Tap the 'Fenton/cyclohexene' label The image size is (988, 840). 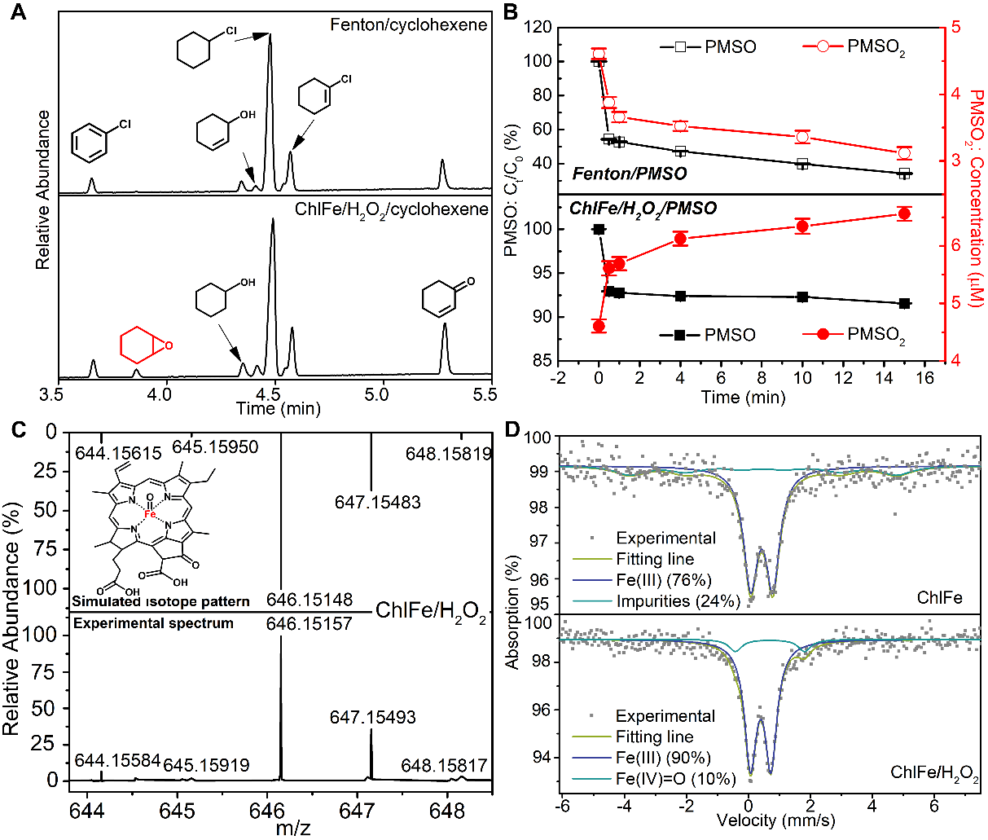pos(408,24)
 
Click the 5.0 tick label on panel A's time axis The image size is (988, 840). pos(376,394)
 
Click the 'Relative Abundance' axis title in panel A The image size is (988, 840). pos(43,189)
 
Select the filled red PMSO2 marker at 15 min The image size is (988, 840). pos(903,213)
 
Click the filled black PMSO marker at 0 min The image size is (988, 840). pos(599,229)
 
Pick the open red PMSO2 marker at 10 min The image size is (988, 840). pos(802,137)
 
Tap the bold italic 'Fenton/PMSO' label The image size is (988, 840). pos(629,174)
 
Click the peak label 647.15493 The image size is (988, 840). pos(372,717)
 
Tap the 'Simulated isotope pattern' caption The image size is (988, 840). pos(160,601)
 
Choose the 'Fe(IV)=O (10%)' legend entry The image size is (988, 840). pos(675,778)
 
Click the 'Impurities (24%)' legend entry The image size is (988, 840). pos(678,601)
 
